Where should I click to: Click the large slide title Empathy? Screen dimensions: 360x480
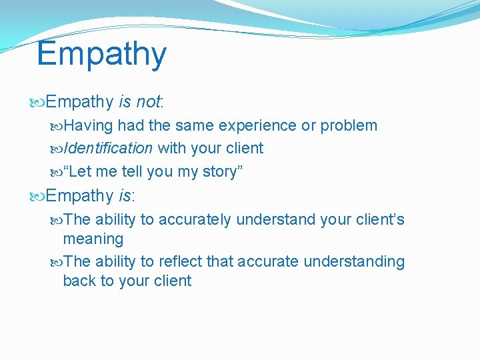coord(101,55)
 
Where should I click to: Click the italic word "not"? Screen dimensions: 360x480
coord(148,102)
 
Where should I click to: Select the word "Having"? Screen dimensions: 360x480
coord(89,126)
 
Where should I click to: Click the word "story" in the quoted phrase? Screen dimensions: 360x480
coord(223,172)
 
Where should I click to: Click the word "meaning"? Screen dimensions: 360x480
coord(93,239)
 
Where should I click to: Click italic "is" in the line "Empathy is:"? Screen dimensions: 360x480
coord(124,196)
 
